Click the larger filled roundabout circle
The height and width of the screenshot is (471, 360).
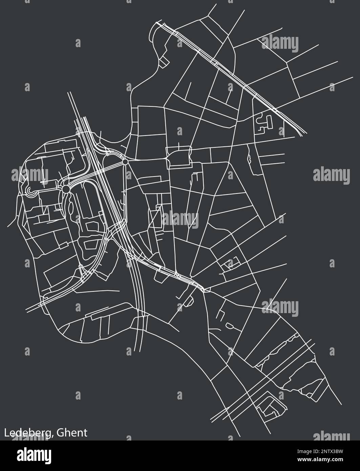click(66, 188)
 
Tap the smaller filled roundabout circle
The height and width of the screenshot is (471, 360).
click(125, 162)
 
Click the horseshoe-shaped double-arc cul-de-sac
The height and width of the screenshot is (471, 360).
click(29, 192)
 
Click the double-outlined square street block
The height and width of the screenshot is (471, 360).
click(179, 158)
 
